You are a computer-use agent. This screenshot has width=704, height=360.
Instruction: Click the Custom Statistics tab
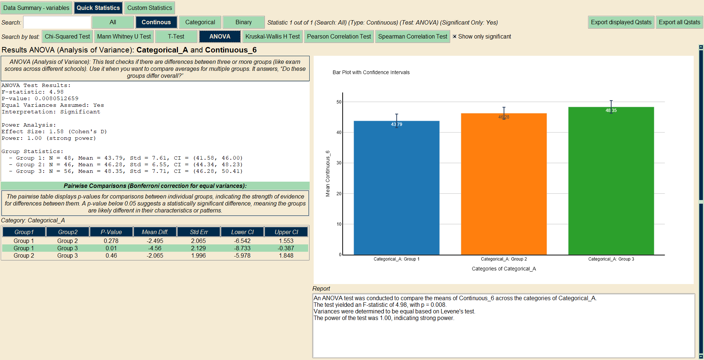pos(149,8)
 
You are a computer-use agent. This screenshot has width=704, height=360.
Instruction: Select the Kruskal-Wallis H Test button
pos(272,36)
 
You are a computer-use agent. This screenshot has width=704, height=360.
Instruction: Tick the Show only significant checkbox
pos(455,36)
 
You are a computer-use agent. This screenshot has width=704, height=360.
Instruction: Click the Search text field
pos(57,22)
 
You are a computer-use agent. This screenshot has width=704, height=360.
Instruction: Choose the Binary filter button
pos(243,22)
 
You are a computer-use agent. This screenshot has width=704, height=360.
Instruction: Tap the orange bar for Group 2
pos(503,183)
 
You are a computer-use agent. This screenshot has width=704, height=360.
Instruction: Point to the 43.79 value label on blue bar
pos(396,124)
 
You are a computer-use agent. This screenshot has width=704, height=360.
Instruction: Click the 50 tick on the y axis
pos(339,102)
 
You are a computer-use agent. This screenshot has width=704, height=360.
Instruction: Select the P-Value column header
pos(111,232)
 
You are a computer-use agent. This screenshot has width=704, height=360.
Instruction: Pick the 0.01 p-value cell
pos(111,248)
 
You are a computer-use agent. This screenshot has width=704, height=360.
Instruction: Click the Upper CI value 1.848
pos(286,255)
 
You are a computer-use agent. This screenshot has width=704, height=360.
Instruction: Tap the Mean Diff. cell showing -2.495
pos(155,241)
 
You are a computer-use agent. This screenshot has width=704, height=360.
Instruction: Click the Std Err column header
pos(198,232)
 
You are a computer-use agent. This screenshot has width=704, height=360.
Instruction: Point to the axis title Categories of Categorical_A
pos(503,269)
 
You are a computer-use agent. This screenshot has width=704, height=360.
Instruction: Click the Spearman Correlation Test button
pos(412,36)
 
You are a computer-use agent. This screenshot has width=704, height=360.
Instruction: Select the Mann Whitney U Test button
pos(124,36)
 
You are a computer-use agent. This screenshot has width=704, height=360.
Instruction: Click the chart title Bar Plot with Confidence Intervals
pos(371,72)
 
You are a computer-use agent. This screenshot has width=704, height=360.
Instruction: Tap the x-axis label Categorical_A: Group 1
pos(396,259)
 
